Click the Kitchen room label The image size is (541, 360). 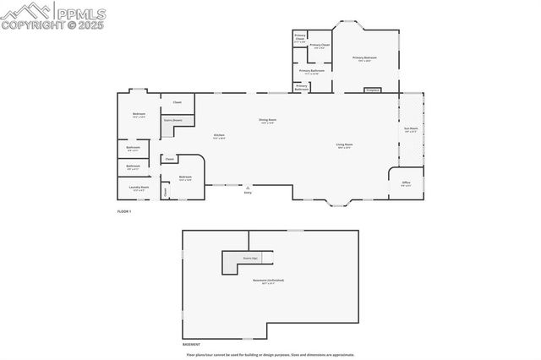pyautogui.click(x=219, y=135)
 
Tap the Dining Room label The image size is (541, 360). pyautogui.click(x=267, y=120)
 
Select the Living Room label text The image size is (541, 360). pyautogui.click(x=344, y=145)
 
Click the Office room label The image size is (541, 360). pyautogui.click(x=406, y=182)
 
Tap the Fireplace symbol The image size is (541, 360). pyautogui.click(x=371, y=89)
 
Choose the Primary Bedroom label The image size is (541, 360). pyautogui.click(x=365, y=57)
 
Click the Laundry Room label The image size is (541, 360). pyautogui.click(x=138, y=187)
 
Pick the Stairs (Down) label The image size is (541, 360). pyautogui.click(x=173, y=120)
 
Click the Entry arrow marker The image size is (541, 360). pyautogui.click(x=248, y=187)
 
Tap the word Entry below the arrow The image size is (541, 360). pyautogui.click(x=248, y=194)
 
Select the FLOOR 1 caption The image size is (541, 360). pyautogui.click(x=124, y=210)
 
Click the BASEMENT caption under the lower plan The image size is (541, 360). pyautogui.click(x=192, y=345)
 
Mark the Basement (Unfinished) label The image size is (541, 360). pyautogui.click(x=269, y=280)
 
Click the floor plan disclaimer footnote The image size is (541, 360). pyautogui.click(x=270, y=355)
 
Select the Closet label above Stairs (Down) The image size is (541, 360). pyautogui.click(x=177, y=102)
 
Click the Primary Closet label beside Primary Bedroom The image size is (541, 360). pyautogui.click(x=320, y=45)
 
